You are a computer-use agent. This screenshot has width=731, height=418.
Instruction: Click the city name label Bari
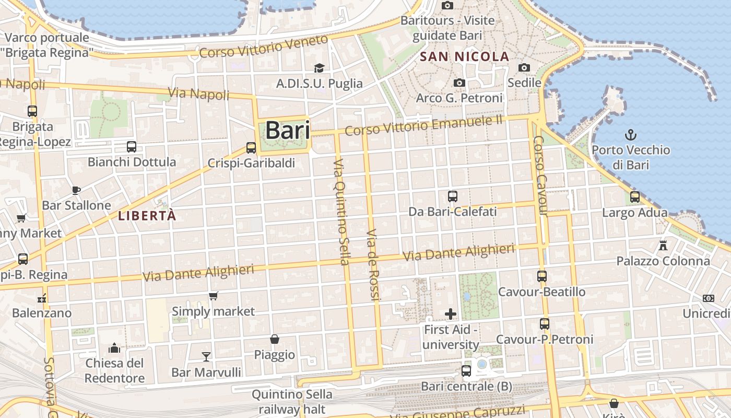(x=288, y=130)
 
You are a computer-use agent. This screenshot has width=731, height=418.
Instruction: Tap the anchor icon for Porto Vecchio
(x=631, y=134)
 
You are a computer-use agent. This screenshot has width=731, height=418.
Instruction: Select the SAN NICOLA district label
(x=464, y=56)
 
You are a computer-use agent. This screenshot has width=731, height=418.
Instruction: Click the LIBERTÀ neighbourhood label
(x=147, y=215)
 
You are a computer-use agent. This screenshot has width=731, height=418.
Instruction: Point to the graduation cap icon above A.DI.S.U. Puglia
(x=319, y=68)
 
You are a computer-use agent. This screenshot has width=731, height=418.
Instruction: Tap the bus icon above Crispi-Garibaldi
(x=251, y=148)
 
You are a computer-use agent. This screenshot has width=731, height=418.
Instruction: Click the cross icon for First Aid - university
(x=451, y=314)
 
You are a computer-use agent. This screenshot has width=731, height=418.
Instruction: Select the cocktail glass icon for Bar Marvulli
(x=206, y=357)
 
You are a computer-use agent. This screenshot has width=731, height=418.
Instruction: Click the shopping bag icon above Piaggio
(x=275, y=339)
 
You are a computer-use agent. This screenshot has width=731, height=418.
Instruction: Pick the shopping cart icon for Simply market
(x=213, y=296)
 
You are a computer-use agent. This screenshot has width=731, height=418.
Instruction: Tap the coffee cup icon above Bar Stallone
(x=76, y=190)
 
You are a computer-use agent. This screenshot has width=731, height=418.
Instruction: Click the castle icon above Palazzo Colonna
(x=663, y=245)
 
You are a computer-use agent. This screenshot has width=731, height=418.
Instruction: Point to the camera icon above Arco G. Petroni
(x=459, y=83)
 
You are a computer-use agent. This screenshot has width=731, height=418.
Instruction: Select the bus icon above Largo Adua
(x=634, y=197)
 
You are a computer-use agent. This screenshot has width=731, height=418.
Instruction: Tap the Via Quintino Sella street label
(x=342, y=212)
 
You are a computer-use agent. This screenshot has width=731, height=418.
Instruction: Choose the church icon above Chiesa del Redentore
(x=114, y=348)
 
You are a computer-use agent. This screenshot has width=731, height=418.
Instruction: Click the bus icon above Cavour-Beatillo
(x=542, y=276)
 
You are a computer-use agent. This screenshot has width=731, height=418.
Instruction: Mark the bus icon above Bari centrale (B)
(x=466, y=371)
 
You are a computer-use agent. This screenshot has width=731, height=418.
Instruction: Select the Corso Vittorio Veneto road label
(x=264, y=47)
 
